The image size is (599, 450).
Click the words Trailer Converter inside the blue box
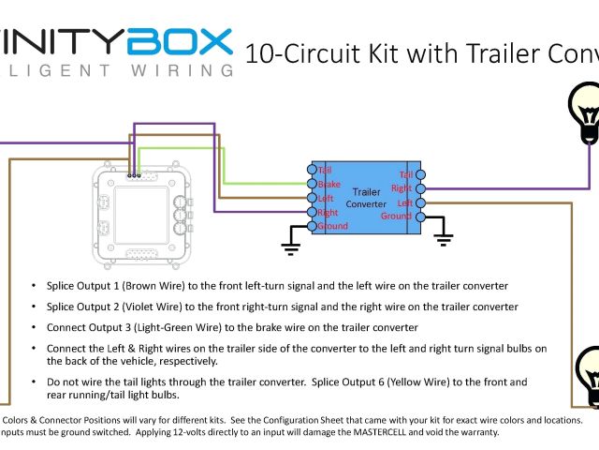pyautogui.click(x=365, y=197)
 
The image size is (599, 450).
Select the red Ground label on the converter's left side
pyautogui.click(x=332, y=226)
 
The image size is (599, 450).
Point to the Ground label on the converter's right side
pyautogui.click(x=396, y=217)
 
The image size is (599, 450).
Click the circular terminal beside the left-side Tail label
pyautogui.click(x=312, y=170)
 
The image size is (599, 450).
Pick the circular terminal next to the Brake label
pyautogui.click(x=312, y=184)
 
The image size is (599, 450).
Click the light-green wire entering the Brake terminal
pyautogui.click(x=271, y=184)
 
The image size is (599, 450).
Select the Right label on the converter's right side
pyautogui.click(x=402, y=189)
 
